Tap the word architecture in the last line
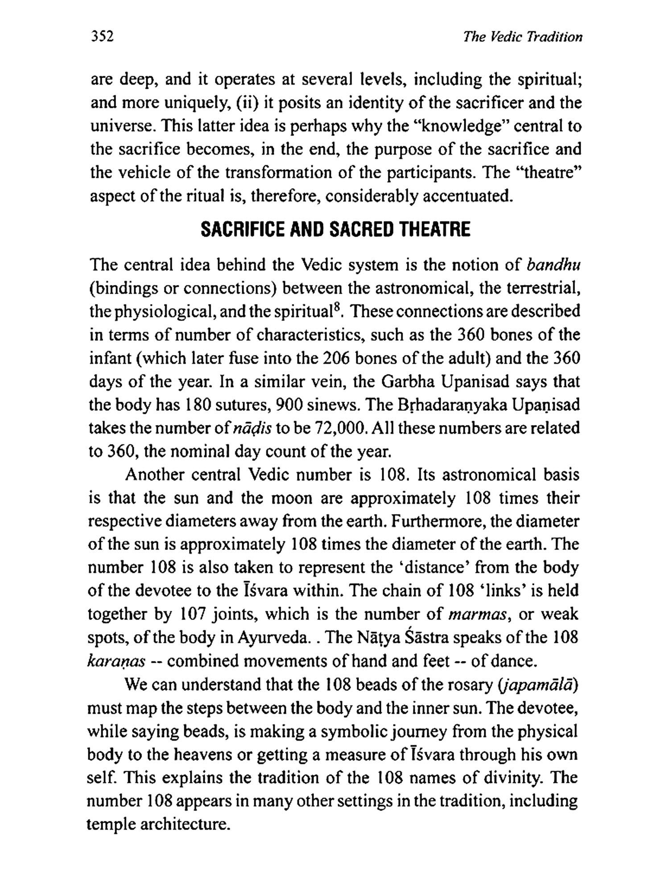coord(184,824)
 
